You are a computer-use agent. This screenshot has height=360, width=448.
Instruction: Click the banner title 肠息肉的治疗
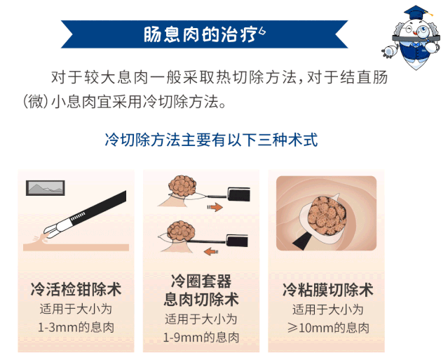tap(200, 34)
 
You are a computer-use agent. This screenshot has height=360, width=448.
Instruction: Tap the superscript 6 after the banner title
tap(262, 31)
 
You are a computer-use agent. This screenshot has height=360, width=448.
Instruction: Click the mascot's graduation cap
tap(416, 13)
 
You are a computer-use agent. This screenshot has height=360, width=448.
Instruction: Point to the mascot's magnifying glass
tap(423, 32)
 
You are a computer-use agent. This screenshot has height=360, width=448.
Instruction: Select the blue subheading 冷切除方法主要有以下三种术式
tap(212, 140)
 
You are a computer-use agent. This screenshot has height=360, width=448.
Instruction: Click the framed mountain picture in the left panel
tap(46, 188)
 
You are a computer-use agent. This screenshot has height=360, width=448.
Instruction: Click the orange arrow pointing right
tap(215, 207)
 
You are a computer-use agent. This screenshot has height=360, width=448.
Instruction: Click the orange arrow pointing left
tap(211, 252)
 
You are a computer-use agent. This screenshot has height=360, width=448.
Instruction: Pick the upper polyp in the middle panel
tap(182, 186)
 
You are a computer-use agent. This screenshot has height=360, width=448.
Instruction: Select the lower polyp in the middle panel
tap(181, 231)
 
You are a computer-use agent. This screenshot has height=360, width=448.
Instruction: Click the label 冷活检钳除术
tap(76, 289)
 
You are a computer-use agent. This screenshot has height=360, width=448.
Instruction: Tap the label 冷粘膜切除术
tap(328, 290)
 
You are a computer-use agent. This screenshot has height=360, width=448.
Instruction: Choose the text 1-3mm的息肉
tap(76, 328)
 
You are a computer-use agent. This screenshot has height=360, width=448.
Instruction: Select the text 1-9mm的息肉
tap(201, 338)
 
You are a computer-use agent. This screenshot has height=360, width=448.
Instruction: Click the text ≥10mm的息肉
tap(328, 328)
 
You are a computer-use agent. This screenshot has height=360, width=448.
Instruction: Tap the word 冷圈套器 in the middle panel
tap(201, 281)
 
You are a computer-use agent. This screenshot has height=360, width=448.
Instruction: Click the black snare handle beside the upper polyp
tap(239, 194)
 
